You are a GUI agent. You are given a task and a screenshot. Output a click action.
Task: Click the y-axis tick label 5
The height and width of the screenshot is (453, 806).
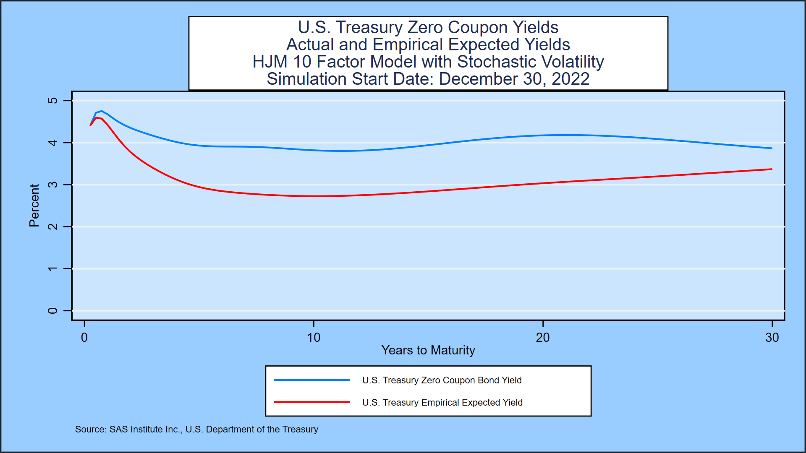point(52,101)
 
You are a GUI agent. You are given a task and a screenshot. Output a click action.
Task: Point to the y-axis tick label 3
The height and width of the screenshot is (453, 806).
point(52,185)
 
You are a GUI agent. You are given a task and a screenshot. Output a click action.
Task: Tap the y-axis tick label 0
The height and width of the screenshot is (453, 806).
point(52,311)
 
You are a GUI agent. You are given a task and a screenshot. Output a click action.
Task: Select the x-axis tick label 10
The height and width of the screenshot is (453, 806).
point(314,338)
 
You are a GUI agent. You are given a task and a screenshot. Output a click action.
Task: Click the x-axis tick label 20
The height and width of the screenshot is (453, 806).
point(543,338)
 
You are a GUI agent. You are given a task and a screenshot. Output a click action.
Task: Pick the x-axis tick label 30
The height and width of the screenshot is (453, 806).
point(772,338)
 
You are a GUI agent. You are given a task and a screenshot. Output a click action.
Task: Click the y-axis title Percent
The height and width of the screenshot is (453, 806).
point(34,206)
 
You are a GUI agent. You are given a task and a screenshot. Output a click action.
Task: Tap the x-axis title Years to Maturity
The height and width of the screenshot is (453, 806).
point(428,350)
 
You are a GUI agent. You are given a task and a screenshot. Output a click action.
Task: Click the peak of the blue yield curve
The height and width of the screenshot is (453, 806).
point(101,111)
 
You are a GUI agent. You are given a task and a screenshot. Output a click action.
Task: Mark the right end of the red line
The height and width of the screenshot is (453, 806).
point(771,169)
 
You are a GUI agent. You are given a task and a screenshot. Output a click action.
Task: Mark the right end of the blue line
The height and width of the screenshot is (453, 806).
point(771,148)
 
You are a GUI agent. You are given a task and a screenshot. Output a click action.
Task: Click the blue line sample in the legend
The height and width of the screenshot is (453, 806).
point(311,380)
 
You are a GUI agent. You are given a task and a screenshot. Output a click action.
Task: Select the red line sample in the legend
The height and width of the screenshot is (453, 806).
point(311,402)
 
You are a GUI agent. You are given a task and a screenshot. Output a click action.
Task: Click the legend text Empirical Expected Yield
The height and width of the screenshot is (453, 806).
point(472,402)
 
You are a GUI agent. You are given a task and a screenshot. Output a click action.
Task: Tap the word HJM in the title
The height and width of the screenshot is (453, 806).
point(270,62)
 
